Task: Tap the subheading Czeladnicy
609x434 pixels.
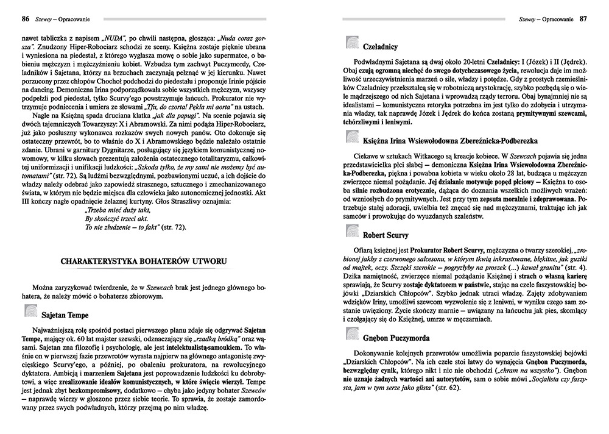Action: tap(381, 45)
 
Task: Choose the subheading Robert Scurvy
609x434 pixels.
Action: tap(385, 234)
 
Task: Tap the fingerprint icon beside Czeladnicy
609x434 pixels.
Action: tap(351, 43)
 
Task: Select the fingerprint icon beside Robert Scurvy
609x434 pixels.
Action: tap(351, 232)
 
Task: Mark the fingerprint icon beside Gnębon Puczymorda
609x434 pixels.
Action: tap(351, 335)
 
